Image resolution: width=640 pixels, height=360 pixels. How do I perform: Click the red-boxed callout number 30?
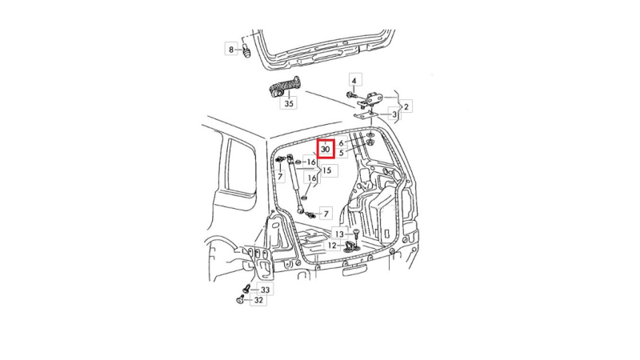(326, 149)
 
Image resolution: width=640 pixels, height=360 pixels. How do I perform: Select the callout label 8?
(231, 50)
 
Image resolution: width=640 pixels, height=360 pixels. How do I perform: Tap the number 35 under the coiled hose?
(289, 103)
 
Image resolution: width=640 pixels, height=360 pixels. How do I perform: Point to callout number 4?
(354, 81)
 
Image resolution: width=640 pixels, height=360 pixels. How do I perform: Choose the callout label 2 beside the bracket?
(406, 106)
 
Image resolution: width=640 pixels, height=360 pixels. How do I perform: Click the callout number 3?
(394, 114)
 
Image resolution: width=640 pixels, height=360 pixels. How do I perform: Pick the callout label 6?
(342, 143)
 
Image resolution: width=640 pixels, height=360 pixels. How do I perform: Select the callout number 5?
(342, 153)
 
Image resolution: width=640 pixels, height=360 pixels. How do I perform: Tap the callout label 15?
(327, 170)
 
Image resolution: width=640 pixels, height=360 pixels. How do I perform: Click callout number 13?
(339, 234)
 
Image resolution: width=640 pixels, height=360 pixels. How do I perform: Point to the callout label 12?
(332, 246)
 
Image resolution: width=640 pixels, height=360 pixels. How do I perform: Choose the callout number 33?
(266, 290)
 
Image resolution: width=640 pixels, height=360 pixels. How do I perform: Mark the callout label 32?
(258, 301)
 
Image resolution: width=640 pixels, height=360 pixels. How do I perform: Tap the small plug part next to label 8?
(246, 52)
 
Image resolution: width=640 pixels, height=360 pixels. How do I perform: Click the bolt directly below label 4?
(351, 95)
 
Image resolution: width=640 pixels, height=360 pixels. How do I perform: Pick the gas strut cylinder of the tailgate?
(294, 179)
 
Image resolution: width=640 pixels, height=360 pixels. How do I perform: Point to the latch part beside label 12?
(351, 246)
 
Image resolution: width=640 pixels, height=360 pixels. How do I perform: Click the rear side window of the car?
(241, 166)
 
